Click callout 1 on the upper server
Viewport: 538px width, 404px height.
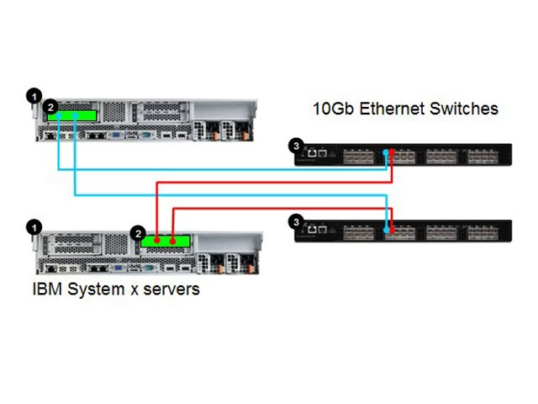pos(34,96)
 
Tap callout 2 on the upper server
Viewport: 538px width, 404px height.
pos(50,107)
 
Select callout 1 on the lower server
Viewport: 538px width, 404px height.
pos(34,226)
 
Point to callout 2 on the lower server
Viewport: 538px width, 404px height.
pos(140,231)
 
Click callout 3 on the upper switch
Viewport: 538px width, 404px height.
pos(295,146)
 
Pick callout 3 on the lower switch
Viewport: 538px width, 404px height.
pos(295,221)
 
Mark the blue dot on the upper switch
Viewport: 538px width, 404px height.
pos(385,152)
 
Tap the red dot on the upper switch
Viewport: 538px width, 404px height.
pos(393,152)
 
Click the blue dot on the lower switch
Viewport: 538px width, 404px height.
pos(388,229)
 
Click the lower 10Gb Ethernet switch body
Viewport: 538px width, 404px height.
pos(454,231)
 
